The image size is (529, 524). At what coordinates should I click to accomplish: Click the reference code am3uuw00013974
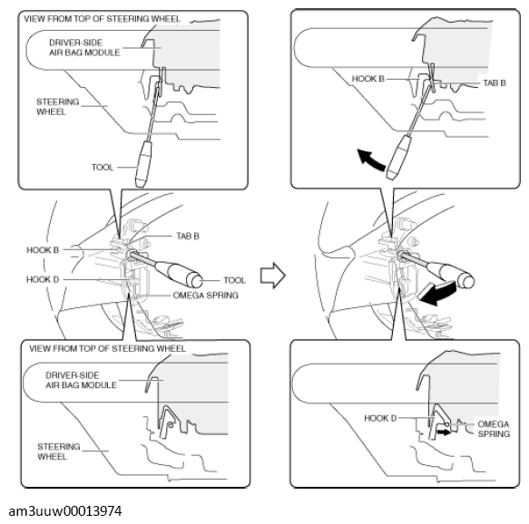pyautogui.click(x=65, y=511)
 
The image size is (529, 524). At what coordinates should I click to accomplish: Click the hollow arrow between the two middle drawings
pyautogui.click(x=272, y=276)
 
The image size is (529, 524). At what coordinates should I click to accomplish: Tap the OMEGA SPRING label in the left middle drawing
pyautogui.click(x=205, y=296)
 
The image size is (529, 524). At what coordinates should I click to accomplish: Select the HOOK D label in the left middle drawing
pyautogui.click(x=43, y=279)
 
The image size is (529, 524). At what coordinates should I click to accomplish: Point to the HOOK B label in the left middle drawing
pyautogui.click(x=43, y=250)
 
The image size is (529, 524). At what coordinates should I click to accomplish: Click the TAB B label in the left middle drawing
pyautogui.click(x=188, y=236)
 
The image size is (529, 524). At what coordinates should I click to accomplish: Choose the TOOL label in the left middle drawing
pyautogui.click(x=234, y=280)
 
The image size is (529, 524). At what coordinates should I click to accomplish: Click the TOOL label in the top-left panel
pyautogui.click(x=103, y=167)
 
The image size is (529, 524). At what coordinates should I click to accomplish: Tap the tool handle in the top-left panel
pyautogui.click(x=143, y=164)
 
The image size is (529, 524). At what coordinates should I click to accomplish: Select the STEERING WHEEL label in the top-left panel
pyautogui.click(x=58, y=106)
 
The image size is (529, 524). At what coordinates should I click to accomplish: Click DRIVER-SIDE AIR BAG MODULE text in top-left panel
pyautogui.click(x=84, y=47)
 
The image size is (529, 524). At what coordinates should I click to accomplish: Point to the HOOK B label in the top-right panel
pyautogui.click(x=368, y=79)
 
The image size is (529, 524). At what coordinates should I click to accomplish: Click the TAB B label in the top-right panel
pyautogui.click(x=495, y=82)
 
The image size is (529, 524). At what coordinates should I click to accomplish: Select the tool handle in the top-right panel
pyautogui.click(x=399, y=157)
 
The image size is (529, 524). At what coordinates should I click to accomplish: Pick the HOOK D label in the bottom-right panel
pyautogui.click(x=380, y=418)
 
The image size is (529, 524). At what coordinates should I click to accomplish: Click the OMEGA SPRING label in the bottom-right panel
pyautogui.click(x=494, y=429)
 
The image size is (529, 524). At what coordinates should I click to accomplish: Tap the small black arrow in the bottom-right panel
pyautogui.click(x=444, y=432)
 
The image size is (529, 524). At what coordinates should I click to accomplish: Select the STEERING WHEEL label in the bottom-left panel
pyautogui.click(x=59, y=451)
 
